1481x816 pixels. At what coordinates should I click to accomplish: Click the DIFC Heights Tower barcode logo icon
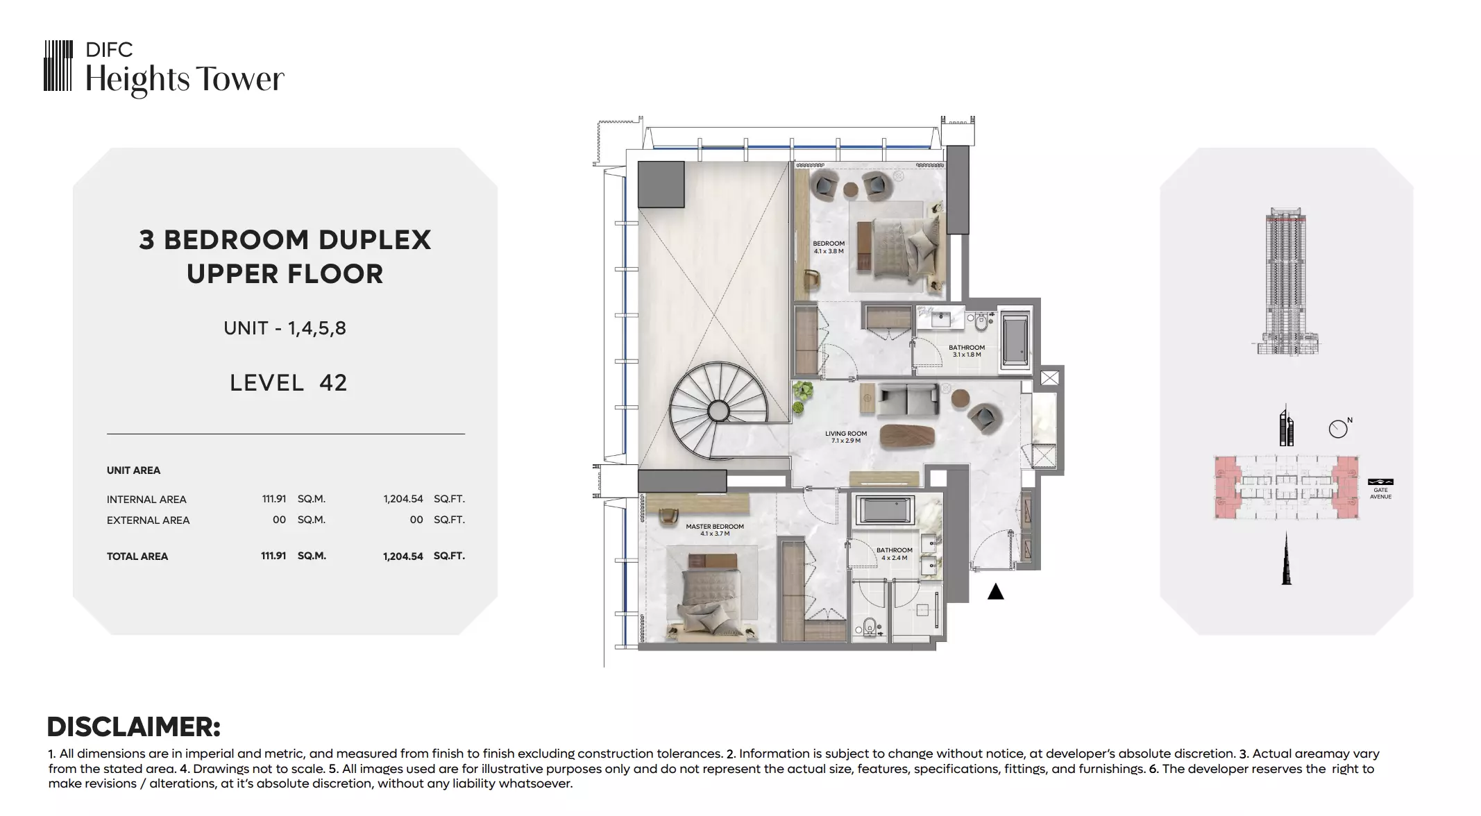(58, 65)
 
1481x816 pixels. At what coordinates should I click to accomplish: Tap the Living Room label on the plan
(846, 437)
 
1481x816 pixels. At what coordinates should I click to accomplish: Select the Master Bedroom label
(715, 530)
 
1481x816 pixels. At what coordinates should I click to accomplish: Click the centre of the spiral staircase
(718, 411)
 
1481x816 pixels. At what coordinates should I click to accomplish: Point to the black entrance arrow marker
(996, 591)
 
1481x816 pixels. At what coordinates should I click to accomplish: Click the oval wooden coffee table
(908, 435)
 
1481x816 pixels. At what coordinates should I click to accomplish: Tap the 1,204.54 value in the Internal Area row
(403, 499)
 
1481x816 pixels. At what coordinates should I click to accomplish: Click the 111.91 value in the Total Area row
(273, 556)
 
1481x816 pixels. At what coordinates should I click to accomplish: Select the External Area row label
(148, 520)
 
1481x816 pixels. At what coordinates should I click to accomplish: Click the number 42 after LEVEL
(333, 383)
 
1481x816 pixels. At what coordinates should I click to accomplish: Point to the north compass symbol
(1339, 428)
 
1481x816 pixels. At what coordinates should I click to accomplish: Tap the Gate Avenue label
(1380, 493)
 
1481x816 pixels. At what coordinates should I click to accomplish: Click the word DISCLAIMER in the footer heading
(133, 727)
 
